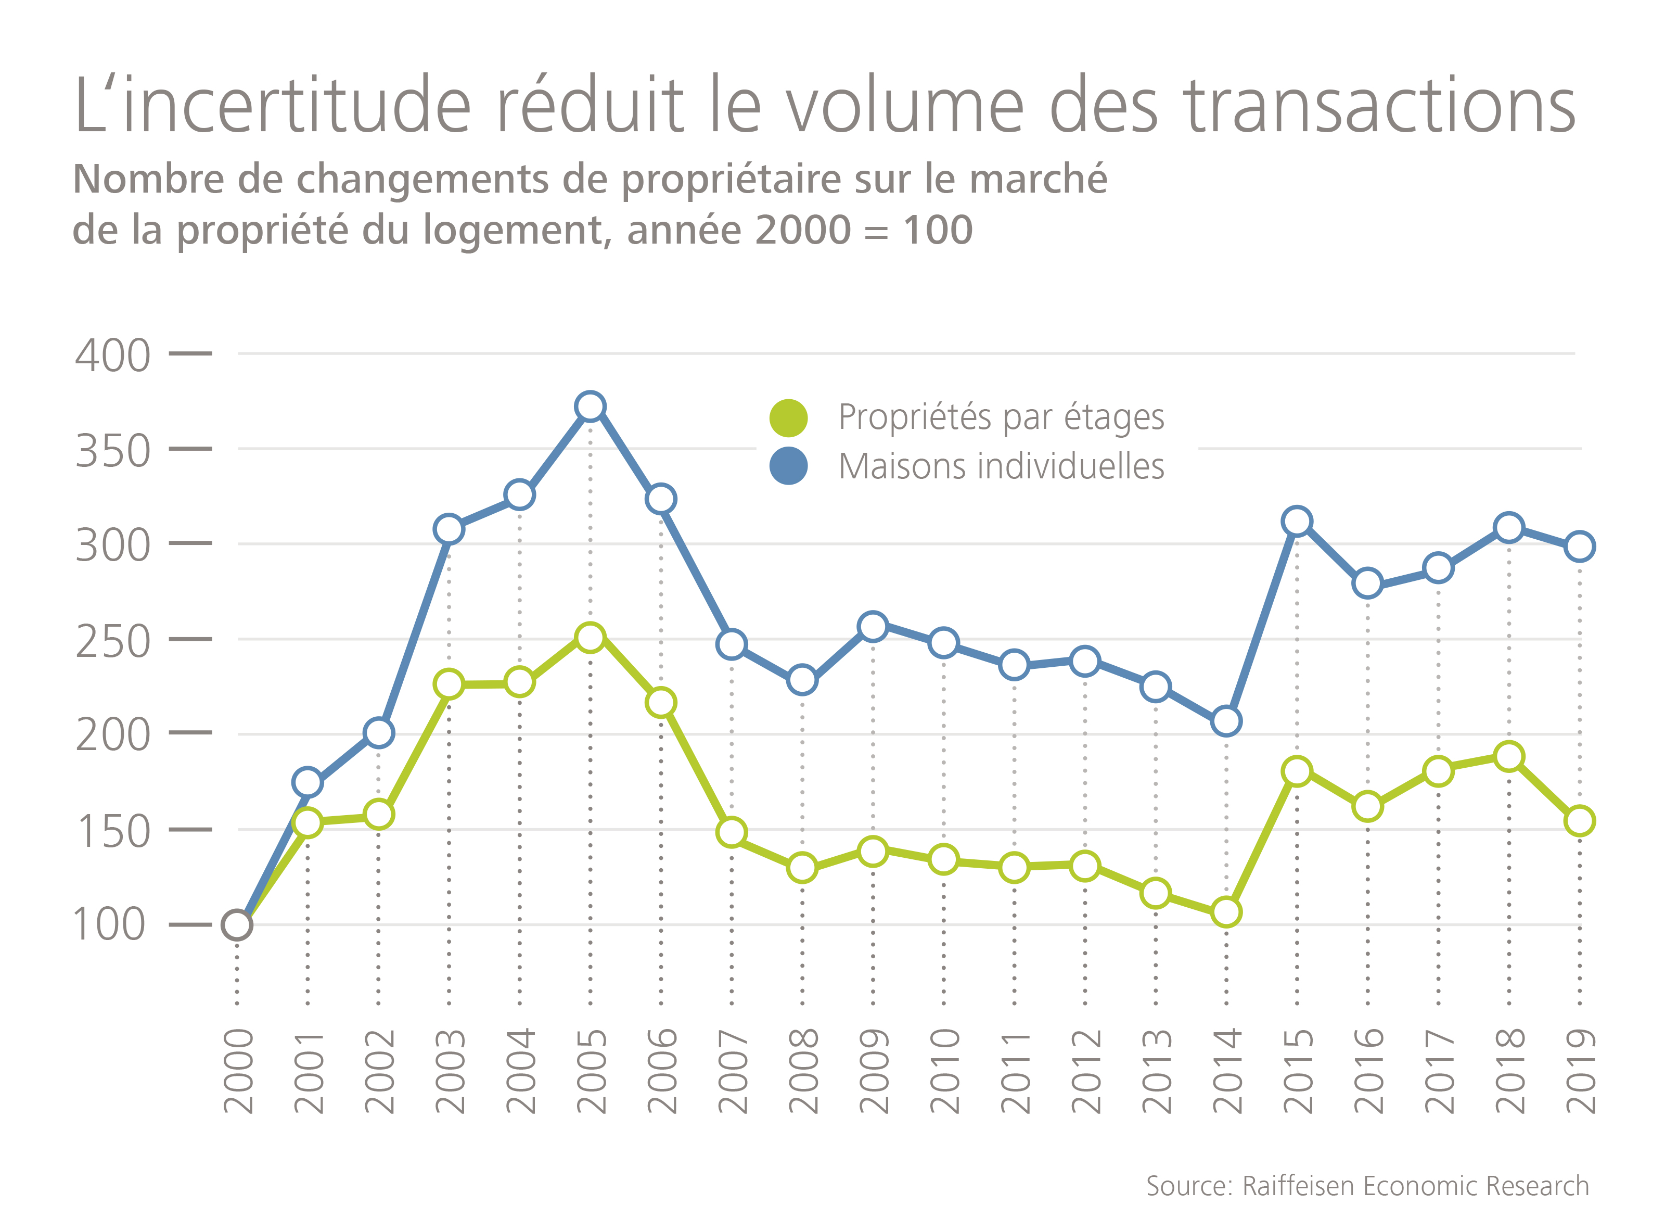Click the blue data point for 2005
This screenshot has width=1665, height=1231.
590,407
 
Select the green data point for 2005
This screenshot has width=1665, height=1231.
590,638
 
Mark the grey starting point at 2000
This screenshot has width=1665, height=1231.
237,925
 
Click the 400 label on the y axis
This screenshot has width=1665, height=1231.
112,356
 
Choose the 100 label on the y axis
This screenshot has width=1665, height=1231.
109,925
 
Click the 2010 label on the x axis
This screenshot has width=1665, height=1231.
944,1071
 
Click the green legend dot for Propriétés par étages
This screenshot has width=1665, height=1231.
788,418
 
